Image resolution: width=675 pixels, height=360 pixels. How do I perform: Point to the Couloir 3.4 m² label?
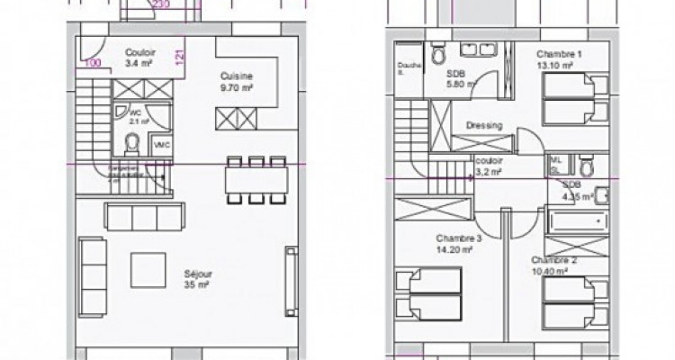pos(140,57)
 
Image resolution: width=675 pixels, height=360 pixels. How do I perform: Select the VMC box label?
pos(162,145)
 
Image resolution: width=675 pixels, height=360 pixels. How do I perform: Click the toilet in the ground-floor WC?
pos(131,142)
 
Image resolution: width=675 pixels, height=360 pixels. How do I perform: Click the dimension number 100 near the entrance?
pos(92,63)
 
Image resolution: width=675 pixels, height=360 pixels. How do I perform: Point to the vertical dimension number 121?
pos(179,58)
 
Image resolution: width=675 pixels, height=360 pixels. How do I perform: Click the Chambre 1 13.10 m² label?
pos(559,59)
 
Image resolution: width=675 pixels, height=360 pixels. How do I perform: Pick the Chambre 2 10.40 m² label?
pos(549,265)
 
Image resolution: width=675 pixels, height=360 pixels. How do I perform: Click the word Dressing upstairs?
pos(483,126)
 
